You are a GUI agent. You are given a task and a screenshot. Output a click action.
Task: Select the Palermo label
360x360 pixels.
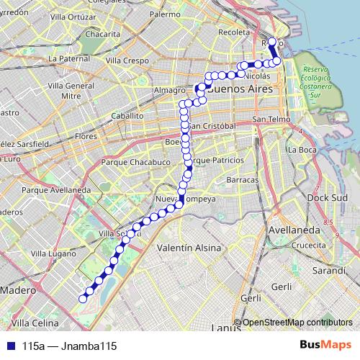tap(165, 14)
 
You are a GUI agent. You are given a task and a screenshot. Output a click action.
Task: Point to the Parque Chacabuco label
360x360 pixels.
tap(135, 163)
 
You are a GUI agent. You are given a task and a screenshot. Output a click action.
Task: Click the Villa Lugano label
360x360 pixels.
tap(56, 254)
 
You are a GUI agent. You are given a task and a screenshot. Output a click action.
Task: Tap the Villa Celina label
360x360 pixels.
tap(34, 323)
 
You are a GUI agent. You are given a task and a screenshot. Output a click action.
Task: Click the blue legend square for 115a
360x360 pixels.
tap(9, 346)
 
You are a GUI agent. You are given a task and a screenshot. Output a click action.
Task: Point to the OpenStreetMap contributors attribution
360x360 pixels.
tap(295, 323)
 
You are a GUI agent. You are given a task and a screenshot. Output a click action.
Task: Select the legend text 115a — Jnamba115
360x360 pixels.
tap(69, 346)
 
